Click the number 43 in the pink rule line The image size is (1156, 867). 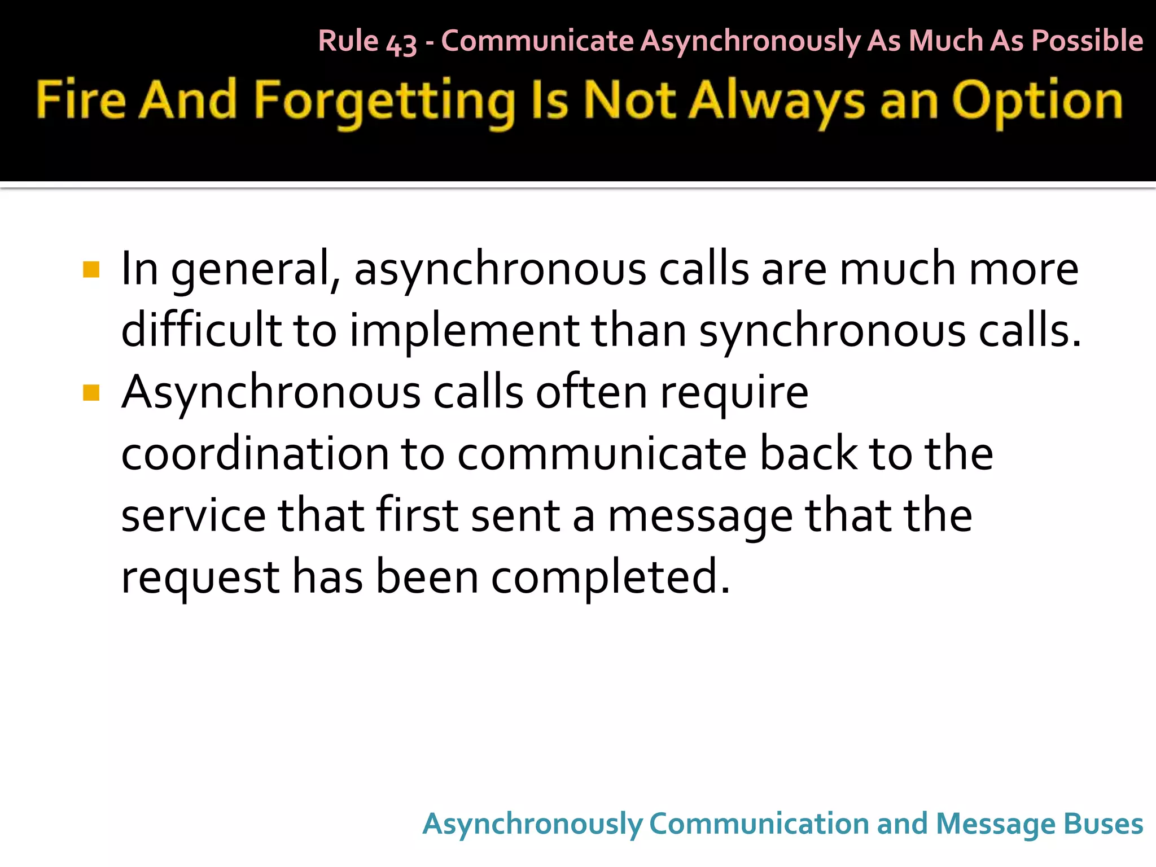tap(401, 43)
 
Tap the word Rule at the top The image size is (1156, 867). tap(348, 41)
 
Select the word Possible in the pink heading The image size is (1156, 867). tap(1087, 41)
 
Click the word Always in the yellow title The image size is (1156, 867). tap(778, 102)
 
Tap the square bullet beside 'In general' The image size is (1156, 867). tap(91, 270)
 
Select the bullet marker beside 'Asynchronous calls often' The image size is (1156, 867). tap(91, 392)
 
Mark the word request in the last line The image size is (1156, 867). tap(200, 578)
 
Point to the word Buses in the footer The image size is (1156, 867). tap(1103, 824)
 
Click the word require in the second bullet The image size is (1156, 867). tap(734, 393)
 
